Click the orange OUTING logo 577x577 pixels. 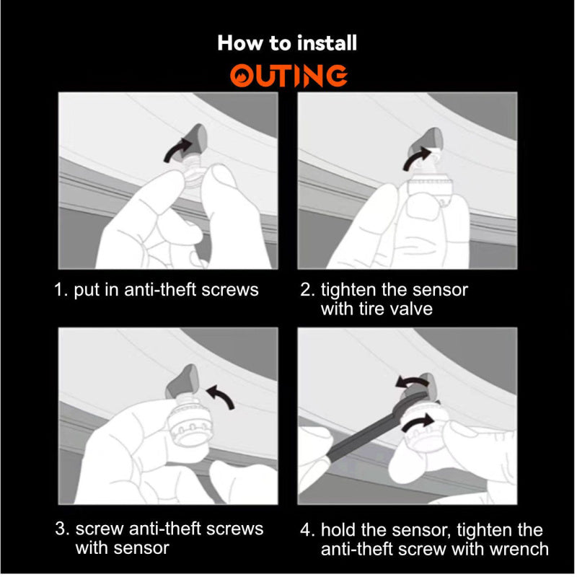[x=288, y=76]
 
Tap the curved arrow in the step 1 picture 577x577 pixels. [x=177, y=149]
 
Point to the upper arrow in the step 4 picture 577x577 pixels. [x=411, y=382]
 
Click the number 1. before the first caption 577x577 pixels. [x=61, y=290]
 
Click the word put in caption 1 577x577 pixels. [x=87, y=291]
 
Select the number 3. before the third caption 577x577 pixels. [x=62, y=529]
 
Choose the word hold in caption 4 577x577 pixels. [x=338, y=530]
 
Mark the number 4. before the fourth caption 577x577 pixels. [x=307, y=530]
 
